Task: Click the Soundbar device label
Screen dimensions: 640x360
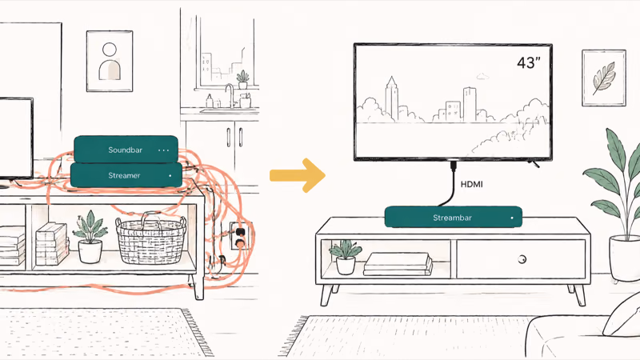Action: point(126,150)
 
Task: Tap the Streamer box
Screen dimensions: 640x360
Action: point(126,175)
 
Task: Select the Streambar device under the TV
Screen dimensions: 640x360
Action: point(454,217)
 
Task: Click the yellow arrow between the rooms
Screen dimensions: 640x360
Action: point(298,175)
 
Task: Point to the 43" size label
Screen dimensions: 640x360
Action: point(529,62)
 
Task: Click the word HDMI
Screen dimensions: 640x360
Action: point(472,184)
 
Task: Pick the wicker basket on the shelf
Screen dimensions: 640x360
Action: point(150,238)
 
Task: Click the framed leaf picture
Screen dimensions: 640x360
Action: point(604,78)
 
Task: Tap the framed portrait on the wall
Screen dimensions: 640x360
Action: point(110,62)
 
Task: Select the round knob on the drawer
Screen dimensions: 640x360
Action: point(522,258)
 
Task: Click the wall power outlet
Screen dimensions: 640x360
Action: point(239,236)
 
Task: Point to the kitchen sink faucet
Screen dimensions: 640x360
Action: point(230,95)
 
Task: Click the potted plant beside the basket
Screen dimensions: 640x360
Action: point(90,237)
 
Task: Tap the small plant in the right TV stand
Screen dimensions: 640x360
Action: point(346,257)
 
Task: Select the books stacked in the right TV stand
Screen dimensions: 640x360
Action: point(398,264)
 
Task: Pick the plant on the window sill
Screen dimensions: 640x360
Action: point(243,79)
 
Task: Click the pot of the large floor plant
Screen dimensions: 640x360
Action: point(625,258)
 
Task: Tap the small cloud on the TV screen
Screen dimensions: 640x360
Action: point(482,76)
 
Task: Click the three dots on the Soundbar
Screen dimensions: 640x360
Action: point(163,150)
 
